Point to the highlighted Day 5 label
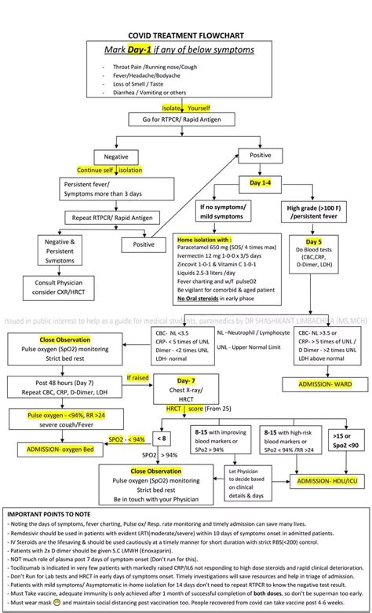coord(315,241)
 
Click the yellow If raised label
coord(137,378)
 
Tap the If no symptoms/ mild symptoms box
coord(224,211)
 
